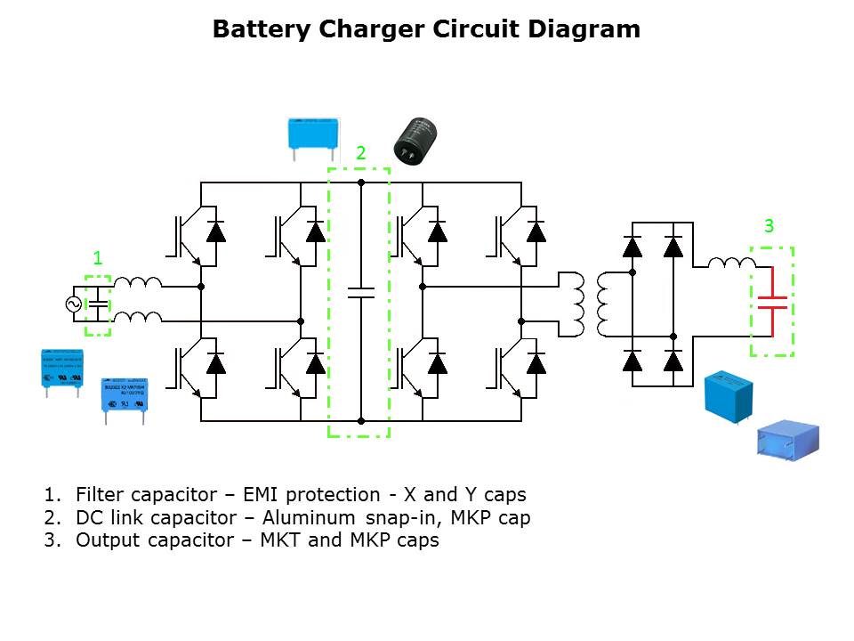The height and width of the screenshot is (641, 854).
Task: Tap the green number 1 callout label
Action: click(98, 258)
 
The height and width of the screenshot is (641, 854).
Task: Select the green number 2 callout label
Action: click(360, 153)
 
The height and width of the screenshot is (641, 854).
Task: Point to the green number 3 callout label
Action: click(769, 225)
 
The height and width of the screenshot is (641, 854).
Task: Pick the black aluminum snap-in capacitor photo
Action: click(415, 141)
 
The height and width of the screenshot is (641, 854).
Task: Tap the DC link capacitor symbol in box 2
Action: click(360, 293)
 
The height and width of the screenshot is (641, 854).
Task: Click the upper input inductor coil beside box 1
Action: click(138, 282)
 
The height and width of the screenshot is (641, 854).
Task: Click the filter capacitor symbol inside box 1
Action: click(97, 305)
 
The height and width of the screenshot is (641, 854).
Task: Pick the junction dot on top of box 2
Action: click(360, 183)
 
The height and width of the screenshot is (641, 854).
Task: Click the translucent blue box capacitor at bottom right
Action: click(787, 441)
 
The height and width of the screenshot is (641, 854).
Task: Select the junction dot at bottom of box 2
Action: click(360, 420)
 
